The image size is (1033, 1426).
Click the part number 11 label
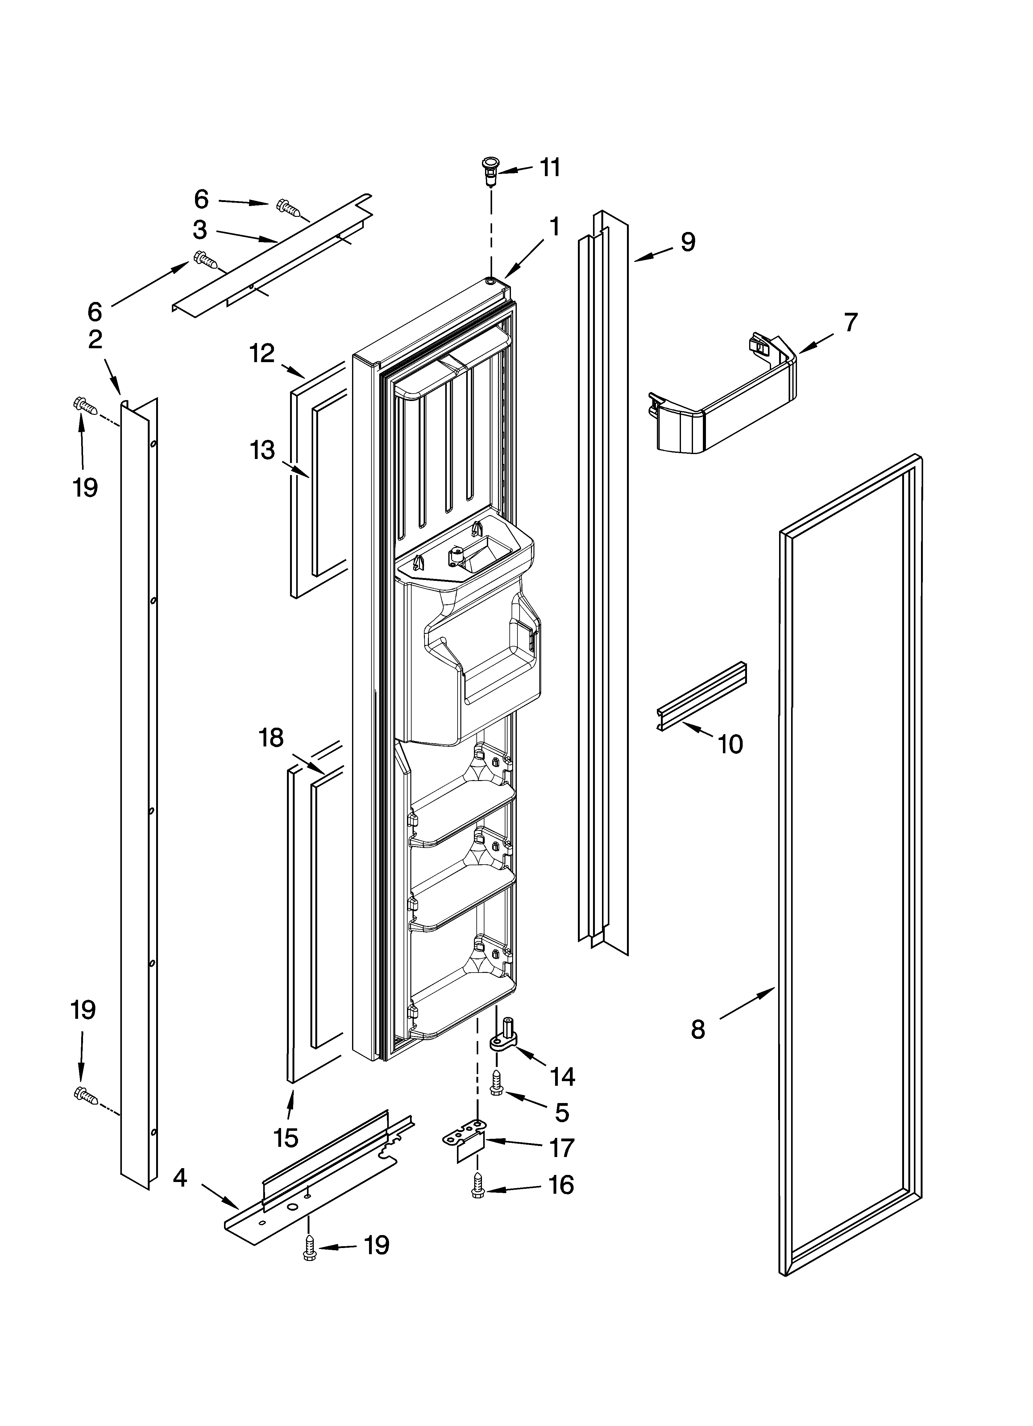click(550, 168)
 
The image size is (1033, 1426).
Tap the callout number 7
click(851, 323)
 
